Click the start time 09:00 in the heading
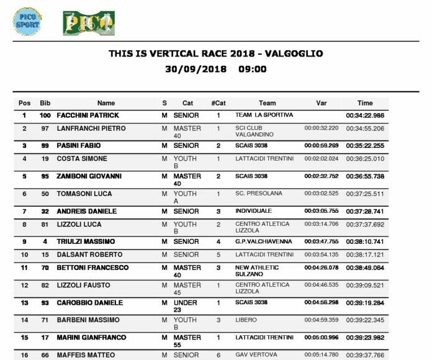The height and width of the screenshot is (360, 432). [x=253, y=69]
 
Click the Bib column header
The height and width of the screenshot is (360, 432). [x=45, y=102]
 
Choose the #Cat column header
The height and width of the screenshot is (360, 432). [x=218, y=102]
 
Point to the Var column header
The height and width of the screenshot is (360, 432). [x=322, y=102]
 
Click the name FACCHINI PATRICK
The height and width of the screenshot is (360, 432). [x=88, y=115]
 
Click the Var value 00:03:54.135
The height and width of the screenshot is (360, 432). [x=321, y=254]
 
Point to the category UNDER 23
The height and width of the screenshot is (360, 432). [x=184, y=306]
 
